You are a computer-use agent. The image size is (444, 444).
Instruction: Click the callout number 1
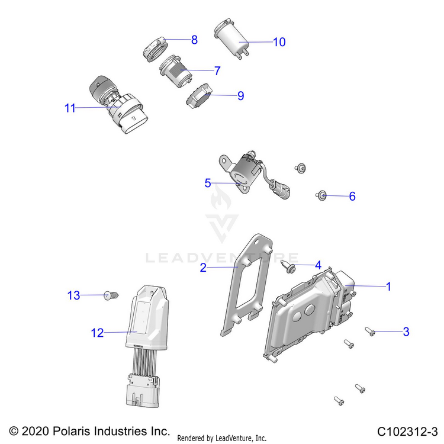(x=388, y=287)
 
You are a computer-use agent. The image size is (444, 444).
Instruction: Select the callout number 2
(x=203, y=268)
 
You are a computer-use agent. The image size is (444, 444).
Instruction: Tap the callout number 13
(x=73, y=295)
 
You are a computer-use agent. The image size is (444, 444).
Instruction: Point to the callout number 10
(x=278, y=41)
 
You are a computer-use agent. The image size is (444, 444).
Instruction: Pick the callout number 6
(x=352, y=196)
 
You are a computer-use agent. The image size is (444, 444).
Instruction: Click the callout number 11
(x=70, y=108)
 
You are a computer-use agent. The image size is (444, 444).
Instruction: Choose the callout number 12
(x=96, y=333)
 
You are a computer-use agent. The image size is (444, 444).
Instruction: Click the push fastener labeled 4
(x=290, y=265)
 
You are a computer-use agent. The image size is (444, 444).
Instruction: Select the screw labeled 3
(x=370, y=332)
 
